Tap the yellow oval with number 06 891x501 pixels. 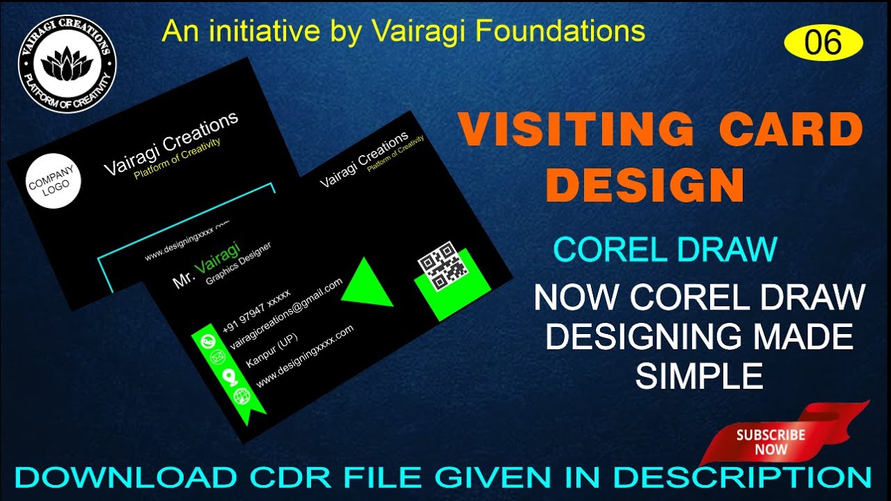[x=823, y=44]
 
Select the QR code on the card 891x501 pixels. [x=442, y=267]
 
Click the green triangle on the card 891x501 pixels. [x=365, y=284]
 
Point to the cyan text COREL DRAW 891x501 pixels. [x=665, y=249]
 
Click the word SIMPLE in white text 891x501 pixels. [x=699, y=376]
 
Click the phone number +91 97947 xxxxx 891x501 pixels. [x=257, y=311]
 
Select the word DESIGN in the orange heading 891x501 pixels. [x=645, y=185]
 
